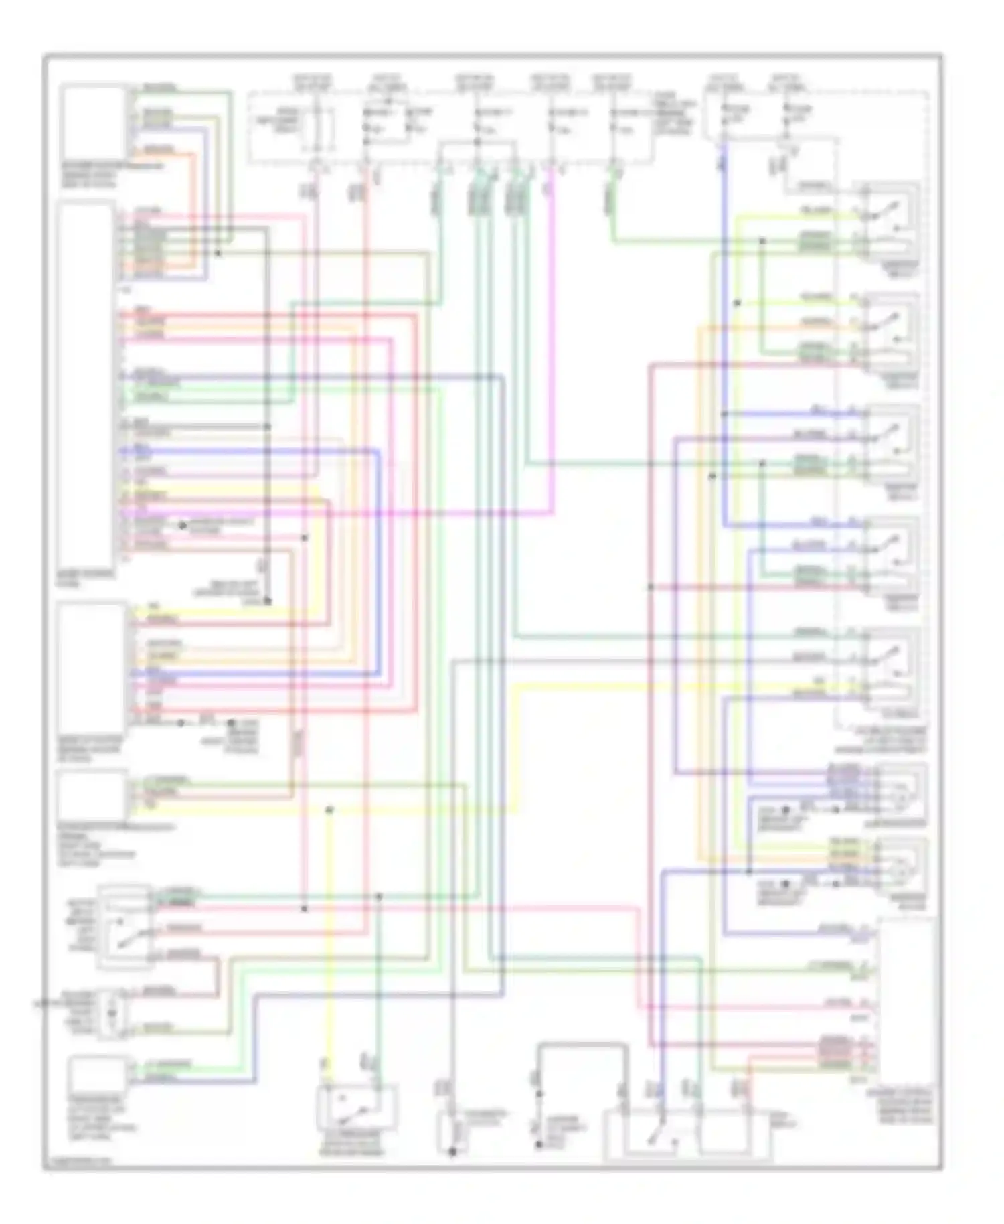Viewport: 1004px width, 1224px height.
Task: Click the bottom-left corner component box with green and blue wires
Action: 98,1075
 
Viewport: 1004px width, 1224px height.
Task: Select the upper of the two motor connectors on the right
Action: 900,790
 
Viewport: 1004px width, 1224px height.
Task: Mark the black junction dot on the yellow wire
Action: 329,810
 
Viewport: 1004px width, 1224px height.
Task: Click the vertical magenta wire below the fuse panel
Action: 552,335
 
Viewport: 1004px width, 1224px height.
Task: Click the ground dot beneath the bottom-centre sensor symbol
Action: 452,1152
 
